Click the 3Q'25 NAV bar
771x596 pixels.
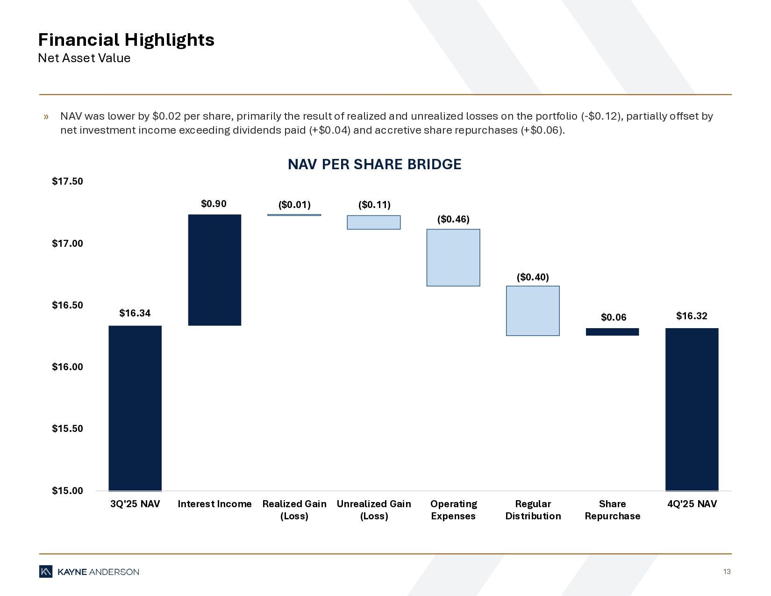click(x=135, y=408)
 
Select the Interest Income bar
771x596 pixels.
click(x=214, y=270)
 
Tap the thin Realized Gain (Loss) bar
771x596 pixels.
click(x=294, y=215)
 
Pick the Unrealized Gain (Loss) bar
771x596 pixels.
click(x=373, y=222)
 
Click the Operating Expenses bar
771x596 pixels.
click(x=453, y=258)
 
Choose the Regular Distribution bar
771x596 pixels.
click(x=533, y=311)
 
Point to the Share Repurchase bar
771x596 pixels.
click(x=612, y=332)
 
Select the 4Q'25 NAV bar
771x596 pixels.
click(x=692, y=409)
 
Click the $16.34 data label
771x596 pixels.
click(x=135, y=313)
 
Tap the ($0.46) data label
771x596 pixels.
click(x=453, y=219)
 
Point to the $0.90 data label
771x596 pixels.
click(x=214, y=203)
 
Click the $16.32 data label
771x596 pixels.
click(x=692, y=316)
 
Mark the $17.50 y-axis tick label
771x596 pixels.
click(x=67, y=181)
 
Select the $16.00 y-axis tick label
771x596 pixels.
click(x=67, y=367)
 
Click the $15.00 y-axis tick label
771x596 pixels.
click(x=67, y=491)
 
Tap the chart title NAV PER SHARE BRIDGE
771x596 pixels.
click(x=374, y=165)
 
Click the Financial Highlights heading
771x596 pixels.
click(x=126, y=40)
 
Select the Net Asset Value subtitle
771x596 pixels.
click(x=84, y=58)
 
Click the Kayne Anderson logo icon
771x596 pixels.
click(x=46, y=572)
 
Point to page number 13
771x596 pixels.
click(x=727, y=572)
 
